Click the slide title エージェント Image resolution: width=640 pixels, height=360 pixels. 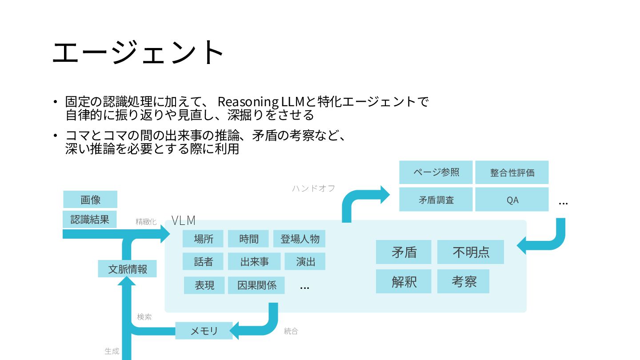[138, 52]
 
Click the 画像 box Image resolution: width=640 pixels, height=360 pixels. [90, 200]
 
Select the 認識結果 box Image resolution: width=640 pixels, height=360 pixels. [90, 219]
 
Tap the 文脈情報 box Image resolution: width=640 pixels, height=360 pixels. [127, 269]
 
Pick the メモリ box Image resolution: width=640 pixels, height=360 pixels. [204, 331]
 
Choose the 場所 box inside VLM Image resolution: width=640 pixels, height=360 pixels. [203, 239]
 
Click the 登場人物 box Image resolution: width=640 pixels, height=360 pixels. [300, 239]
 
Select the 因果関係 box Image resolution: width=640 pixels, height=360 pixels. [256, 285]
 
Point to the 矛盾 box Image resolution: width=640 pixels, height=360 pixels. [404, 252]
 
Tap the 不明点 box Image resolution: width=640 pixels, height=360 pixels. [471, 252]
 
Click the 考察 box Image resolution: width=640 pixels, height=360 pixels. [464, 281]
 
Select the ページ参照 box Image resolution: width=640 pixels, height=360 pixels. [436, 172]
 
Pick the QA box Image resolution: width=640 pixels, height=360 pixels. [512, 200]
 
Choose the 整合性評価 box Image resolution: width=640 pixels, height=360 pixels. [512, 172]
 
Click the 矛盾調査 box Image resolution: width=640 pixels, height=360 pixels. [436, 200]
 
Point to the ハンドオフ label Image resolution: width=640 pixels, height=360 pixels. [313, 188]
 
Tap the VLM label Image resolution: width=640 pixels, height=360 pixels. [184, 220]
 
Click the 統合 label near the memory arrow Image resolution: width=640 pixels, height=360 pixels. [291, 331]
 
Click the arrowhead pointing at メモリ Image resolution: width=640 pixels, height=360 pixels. [235, 331]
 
